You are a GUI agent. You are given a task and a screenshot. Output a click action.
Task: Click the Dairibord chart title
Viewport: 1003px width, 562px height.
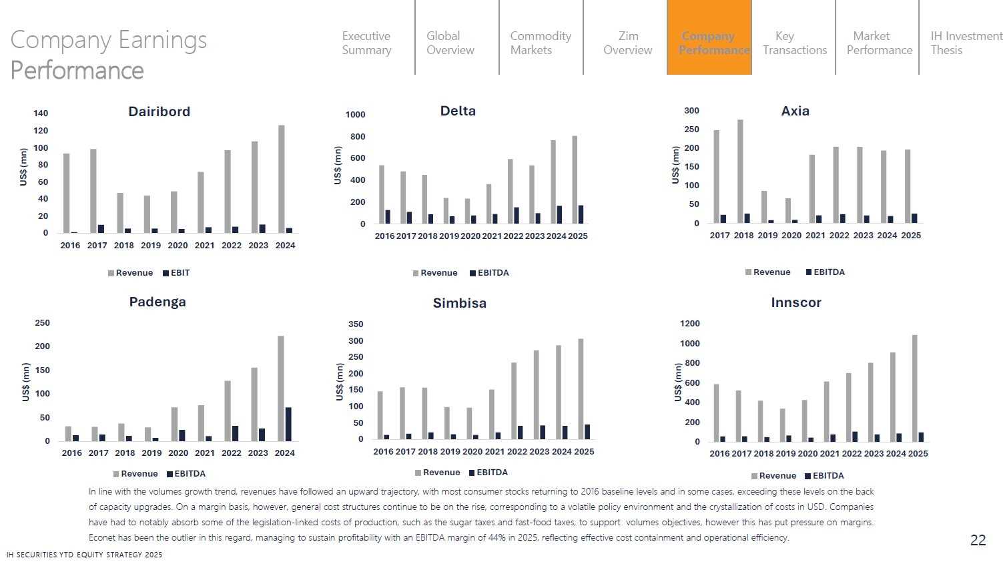click(x=159, y=111)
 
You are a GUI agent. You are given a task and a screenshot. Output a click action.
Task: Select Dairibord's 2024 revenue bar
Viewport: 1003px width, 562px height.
click(x=282, y=178)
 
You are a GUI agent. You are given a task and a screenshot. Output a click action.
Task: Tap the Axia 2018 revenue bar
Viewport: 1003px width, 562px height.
click(x=740, y=171)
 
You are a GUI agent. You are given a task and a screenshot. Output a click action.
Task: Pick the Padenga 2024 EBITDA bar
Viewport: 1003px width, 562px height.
click(x=288, y=424)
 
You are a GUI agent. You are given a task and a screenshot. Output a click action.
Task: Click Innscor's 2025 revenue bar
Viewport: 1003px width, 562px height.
click(x=915, y=388)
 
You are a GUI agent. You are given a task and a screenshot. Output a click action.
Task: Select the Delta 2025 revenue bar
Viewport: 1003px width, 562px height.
click(x=575, y=180)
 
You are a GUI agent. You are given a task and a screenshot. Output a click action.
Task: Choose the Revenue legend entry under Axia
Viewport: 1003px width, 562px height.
click(x=768, y=272)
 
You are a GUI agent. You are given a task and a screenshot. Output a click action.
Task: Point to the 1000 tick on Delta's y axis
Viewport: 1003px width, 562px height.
click(x=356, y=115)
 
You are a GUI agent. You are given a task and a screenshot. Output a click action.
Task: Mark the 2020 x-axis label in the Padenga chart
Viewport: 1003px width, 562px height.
click(x=178, y=453)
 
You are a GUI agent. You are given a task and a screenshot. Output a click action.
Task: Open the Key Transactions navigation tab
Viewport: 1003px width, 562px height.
click(x=794, y=43)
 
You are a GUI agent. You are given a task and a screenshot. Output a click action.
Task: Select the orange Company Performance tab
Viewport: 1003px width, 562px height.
click(x=709, y=43)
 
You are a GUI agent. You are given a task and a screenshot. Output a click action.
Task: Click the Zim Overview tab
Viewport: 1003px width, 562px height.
click(x=627, y=43)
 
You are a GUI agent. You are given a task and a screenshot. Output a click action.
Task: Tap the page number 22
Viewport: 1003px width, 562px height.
click(x=978, y=541)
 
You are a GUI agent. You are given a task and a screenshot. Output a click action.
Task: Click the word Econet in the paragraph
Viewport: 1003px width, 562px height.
click(x=103, y=538)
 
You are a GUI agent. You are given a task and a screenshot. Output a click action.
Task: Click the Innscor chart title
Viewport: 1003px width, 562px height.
click(x=796, y=302)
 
